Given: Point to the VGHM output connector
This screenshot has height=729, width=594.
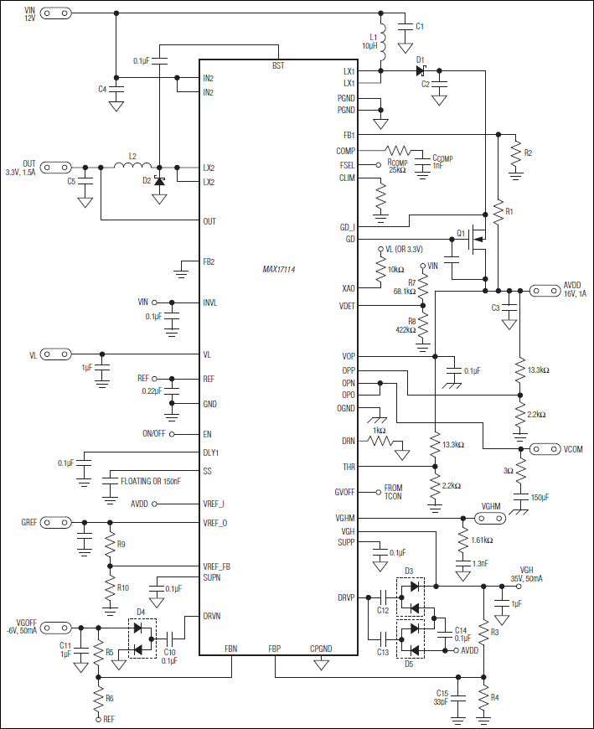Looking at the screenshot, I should pyautogui.click(x=490, y=517).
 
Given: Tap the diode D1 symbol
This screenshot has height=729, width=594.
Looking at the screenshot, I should pyautogui.click(x=421, y=71).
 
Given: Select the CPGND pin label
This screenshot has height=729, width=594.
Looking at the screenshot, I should pyautogui.click(x=320, y=649).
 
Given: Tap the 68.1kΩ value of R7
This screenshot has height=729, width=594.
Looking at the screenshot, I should pyautogui.click(x=405, y=291).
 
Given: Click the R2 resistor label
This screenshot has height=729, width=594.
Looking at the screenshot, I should pyautogui.click(x=527, y=153).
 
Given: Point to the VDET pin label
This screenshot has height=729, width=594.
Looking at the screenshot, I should pyautogui.click(x=346, y=306).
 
